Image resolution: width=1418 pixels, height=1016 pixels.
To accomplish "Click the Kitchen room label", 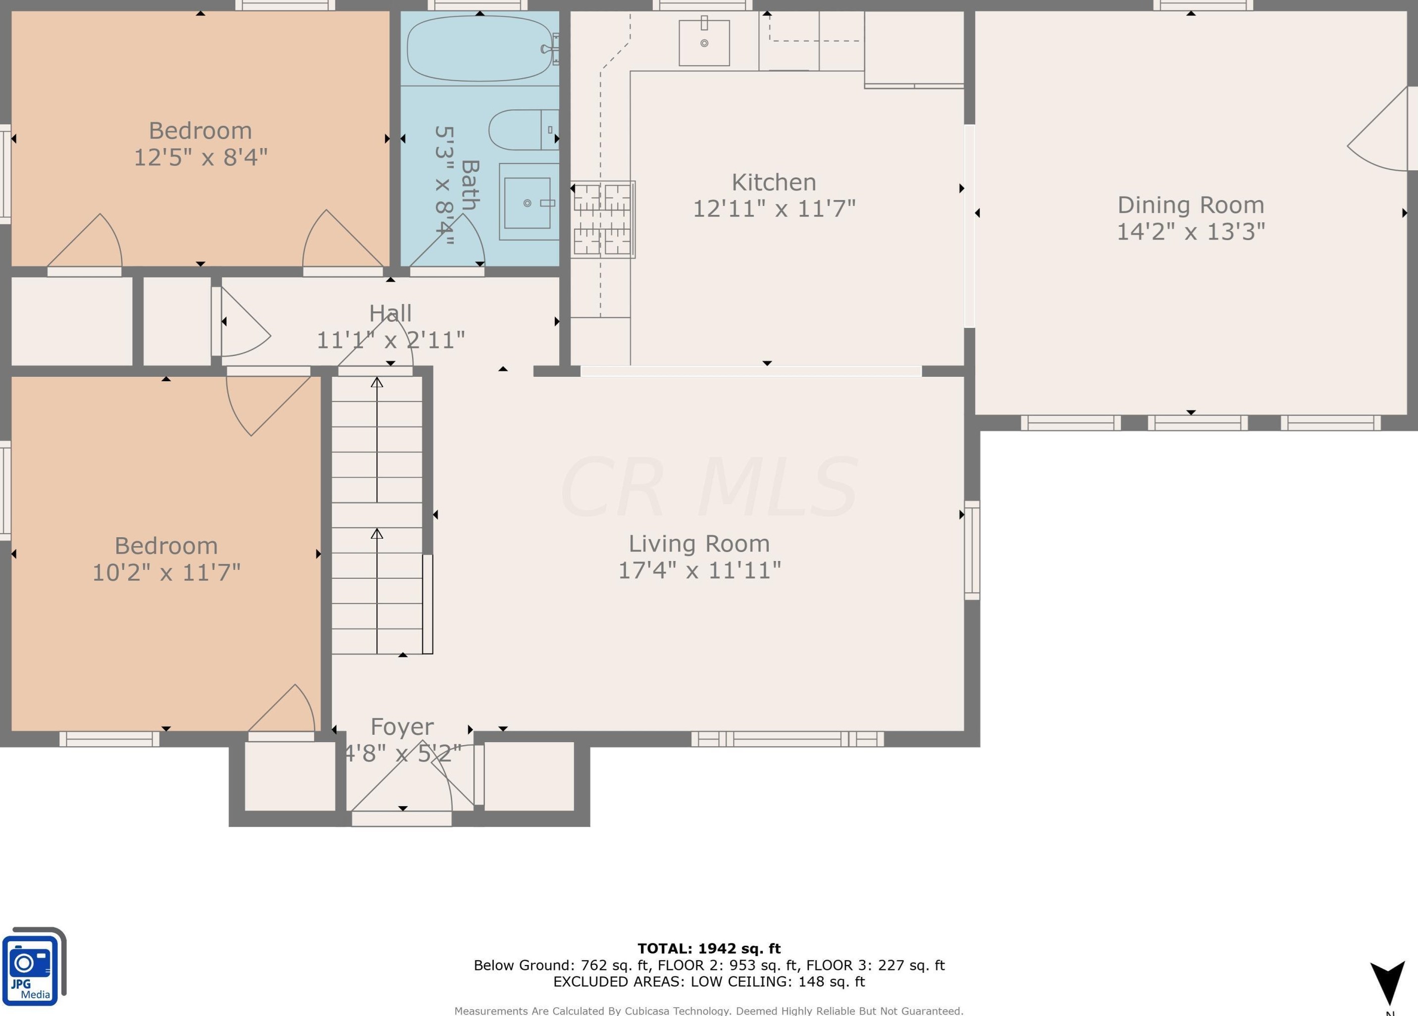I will coord(774,183).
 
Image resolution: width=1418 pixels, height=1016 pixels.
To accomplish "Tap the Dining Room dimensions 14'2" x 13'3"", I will coord(1191,232).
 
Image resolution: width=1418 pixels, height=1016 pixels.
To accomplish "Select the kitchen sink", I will coord(704,43).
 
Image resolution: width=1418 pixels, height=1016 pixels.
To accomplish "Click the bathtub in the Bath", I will coord(479,49).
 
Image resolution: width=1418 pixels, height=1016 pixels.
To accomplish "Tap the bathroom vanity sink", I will coord(527,203).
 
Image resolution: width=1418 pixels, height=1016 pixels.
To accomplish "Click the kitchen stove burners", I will coord(603,219).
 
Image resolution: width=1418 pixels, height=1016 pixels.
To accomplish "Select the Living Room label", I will coord(699,544).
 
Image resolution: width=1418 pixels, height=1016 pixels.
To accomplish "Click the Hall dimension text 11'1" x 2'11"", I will coord(391,341).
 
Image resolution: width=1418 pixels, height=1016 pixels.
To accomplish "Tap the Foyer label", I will coord(402,727).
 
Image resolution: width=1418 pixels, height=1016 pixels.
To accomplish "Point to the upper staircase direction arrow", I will coord(377,437).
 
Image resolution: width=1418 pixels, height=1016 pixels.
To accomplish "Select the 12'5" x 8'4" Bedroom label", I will coord(201,131).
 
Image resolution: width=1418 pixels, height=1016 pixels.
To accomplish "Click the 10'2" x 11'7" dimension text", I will coord(166,572).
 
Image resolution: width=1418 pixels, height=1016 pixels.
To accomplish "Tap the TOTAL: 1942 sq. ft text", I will coord(709,949).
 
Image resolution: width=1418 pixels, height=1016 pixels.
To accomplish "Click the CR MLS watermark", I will coord(709,487).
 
